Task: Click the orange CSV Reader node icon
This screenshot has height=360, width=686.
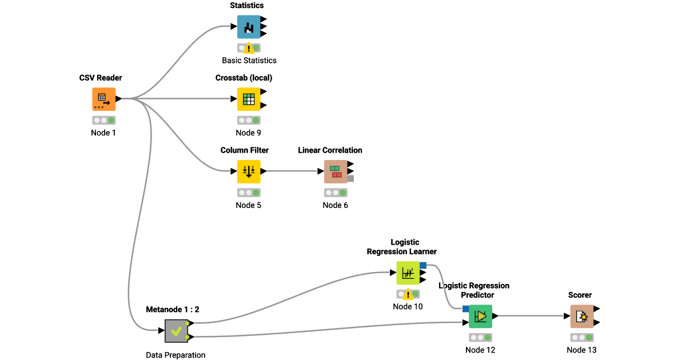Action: click(103, 99)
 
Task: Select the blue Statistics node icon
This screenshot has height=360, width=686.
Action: click(249, 27)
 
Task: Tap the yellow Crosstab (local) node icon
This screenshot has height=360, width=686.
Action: click(249, 99)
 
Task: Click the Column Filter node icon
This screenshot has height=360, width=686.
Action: click(249, 171)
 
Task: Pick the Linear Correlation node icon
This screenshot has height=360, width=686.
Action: click(336, 171)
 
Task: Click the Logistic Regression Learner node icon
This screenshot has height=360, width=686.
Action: click(408, 273)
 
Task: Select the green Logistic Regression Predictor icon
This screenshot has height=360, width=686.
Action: click(480, 316)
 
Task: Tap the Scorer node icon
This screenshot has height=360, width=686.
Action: click(581, 316)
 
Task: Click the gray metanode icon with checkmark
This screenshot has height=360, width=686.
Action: click(176, 331)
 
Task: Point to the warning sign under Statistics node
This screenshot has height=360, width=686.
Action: click(249, 49)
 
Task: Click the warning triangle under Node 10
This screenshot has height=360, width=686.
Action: click(408, 294)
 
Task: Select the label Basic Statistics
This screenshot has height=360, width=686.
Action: click(249, 61)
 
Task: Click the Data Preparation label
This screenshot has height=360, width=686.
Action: click(176, 355)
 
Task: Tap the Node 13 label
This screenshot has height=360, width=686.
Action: click(581, 350)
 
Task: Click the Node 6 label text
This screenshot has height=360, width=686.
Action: click(335, 205)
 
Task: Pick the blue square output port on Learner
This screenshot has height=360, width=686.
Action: click(423, 265)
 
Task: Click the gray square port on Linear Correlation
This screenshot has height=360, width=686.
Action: click(350, 178)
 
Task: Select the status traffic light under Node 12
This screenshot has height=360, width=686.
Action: click(480, 338)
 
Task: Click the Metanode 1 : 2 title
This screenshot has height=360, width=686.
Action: click(173, 309)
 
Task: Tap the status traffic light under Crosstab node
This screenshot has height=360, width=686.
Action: click(249, 121)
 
